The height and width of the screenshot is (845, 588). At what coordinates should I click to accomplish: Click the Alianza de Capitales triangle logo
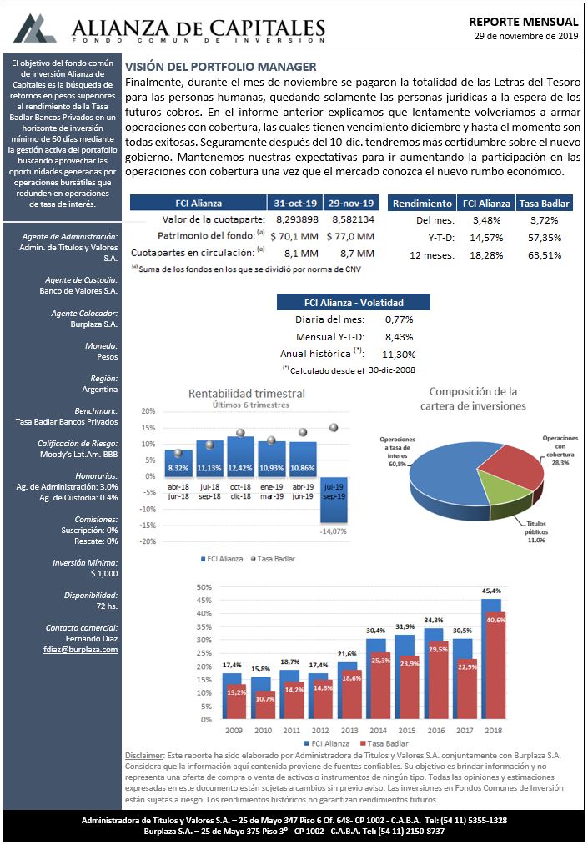pyautogui.click(x=34, y=28)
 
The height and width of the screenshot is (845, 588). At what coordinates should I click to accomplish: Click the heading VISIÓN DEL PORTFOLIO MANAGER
pyautogui.click(x=221, y=67)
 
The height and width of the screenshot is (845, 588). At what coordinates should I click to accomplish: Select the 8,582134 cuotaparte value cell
pyautogui.click(x=353, y=219)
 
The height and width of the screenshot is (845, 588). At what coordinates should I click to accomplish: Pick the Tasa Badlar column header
pyautogui.click(x=544, y=204)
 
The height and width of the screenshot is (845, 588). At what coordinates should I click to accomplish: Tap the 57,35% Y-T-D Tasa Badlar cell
pyautogui.click(x=545, y=238)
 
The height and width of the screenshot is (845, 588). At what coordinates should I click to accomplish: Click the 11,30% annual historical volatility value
pyautogui.click(x=399, y=354)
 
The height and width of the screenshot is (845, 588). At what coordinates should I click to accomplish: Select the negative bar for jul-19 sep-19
pyautogui.click(x=334, y=500)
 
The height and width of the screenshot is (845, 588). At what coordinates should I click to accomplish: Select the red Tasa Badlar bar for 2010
pyautogui.click(x=265, y=705)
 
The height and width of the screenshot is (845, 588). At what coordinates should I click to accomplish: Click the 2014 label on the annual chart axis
pyautogui.click(x=378, y=731)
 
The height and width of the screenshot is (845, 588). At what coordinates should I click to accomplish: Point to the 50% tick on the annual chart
pyautogui.click(x=205, y=587)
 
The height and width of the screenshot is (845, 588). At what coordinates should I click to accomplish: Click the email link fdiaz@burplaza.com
pyautogui.click(x=80, y=649)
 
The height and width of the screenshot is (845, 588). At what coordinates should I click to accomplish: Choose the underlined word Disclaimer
pyautogui.click(x=143, y=755)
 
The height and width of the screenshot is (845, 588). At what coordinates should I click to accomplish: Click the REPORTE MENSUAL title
pyautogui.click(x=523, y=22)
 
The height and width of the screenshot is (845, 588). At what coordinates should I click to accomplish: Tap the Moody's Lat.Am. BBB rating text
pyautogui.click(x=78, y=455)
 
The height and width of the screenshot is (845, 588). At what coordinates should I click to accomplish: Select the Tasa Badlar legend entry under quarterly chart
pyautogui.click(x=273, y=559)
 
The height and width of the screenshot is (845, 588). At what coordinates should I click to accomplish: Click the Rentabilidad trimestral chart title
pyautogui.click(x=247, y=394)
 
